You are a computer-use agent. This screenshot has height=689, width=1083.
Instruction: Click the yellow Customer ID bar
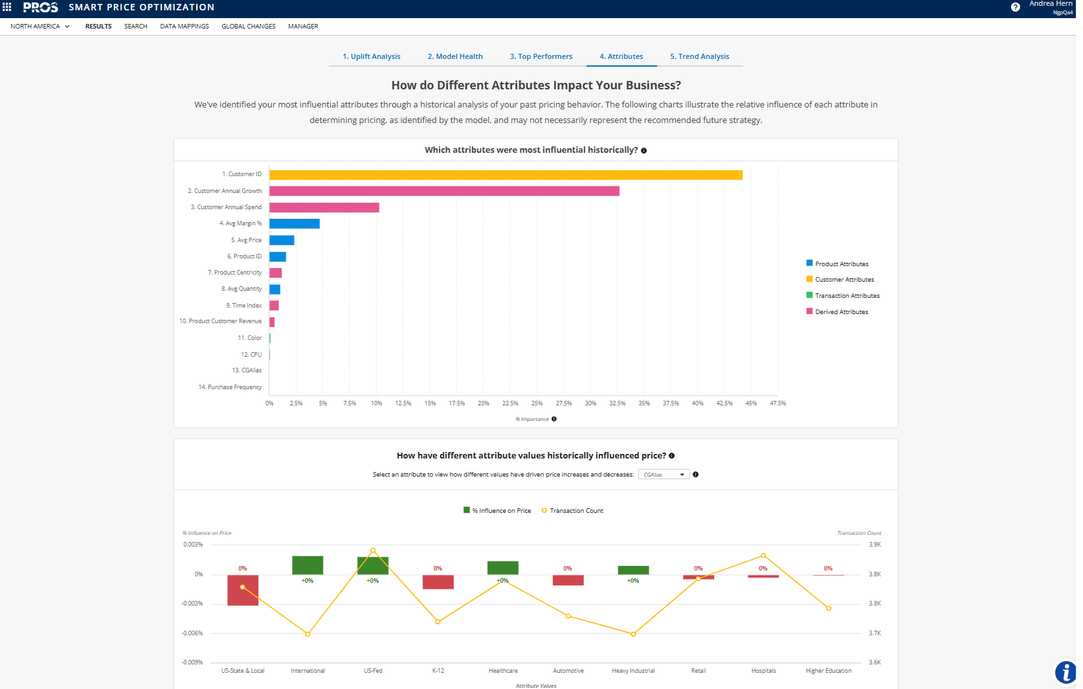click(x=505, y=175)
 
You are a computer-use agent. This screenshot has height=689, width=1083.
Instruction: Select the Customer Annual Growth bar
click(x=444, y=191)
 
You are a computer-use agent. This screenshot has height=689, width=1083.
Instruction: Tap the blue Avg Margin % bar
click(x=295, y=223)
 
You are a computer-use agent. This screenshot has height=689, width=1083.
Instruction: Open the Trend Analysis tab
click(x=699, y=56)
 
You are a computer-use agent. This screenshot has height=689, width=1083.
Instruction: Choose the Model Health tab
click(x=454, y=56)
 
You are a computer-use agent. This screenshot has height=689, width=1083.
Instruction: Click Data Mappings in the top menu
click(x=184, y=27)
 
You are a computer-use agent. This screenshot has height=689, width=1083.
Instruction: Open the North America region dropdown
click(x=39, y=27)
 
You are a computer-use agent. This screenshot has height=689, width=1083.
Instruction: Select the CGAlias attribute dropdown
click(x=664, y=475)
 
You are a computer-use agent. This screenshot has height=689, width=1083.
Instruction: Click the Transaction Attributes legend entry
click(x=847, y=296)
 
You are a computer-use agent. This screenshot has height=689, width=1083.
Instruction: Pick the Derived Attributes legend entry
click(x=841, y=312)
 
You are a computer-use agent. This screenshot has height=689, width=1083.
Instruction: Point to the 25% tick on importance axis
click(x=537, y=403)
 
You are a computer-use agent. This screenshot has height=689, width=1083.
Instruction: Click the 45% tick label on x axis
click(x=751, y=403)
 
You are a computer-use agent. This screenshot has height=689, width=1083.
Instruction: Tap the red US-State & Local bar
click(x=243, y=590)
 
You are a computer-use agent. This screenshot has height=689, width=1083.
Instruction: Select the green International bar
click(x=307, y=565)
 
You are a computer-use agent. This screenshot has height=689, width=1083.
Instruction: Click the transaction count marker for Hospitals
click(x=763, y=556)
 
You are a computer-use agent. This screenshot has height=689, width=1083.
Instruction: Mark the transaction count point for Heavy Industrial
click(x=633, y=634)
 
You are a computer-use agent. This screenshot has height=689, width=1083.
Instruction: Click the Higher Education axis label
click(x=828, y=671)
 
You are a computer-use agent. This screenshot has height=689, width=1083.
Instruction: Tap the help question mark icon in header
click(x=1015, y=7)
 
